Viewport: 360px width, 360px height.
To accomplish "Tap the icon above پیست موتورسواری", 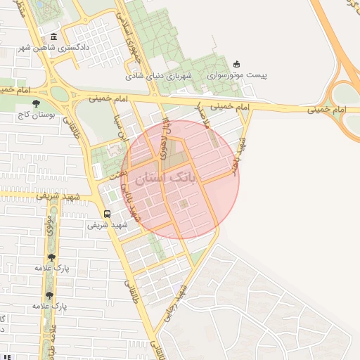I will (x=236, y=64).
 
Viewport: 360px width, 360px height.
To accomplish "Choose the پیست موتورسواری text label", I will (x=236, y=74).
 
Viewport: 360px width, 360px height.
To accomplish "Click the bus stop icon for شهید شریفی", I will (x=107, y=214).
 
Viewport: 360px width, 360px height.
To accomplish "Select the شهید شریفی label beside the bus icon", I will (x=107, y=225).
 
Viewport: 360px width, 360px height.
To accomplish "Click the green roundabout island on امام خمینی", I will (x=59, y=93).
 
